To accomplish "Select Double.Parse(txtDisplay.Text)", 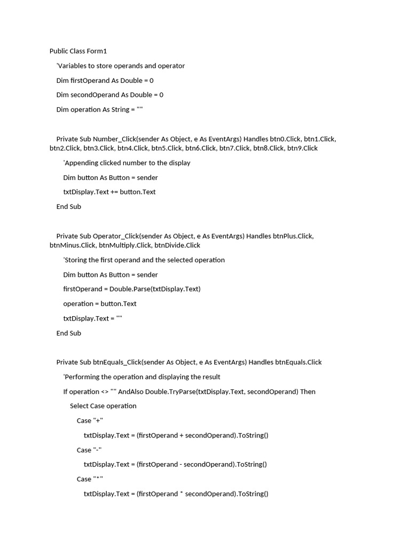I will coord(155,289).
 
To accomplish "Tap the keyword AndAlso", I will coord(131,392).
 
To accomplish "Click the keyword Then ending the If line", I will coord(307,392).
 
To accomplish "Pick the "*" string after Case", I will coord(98,479).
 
